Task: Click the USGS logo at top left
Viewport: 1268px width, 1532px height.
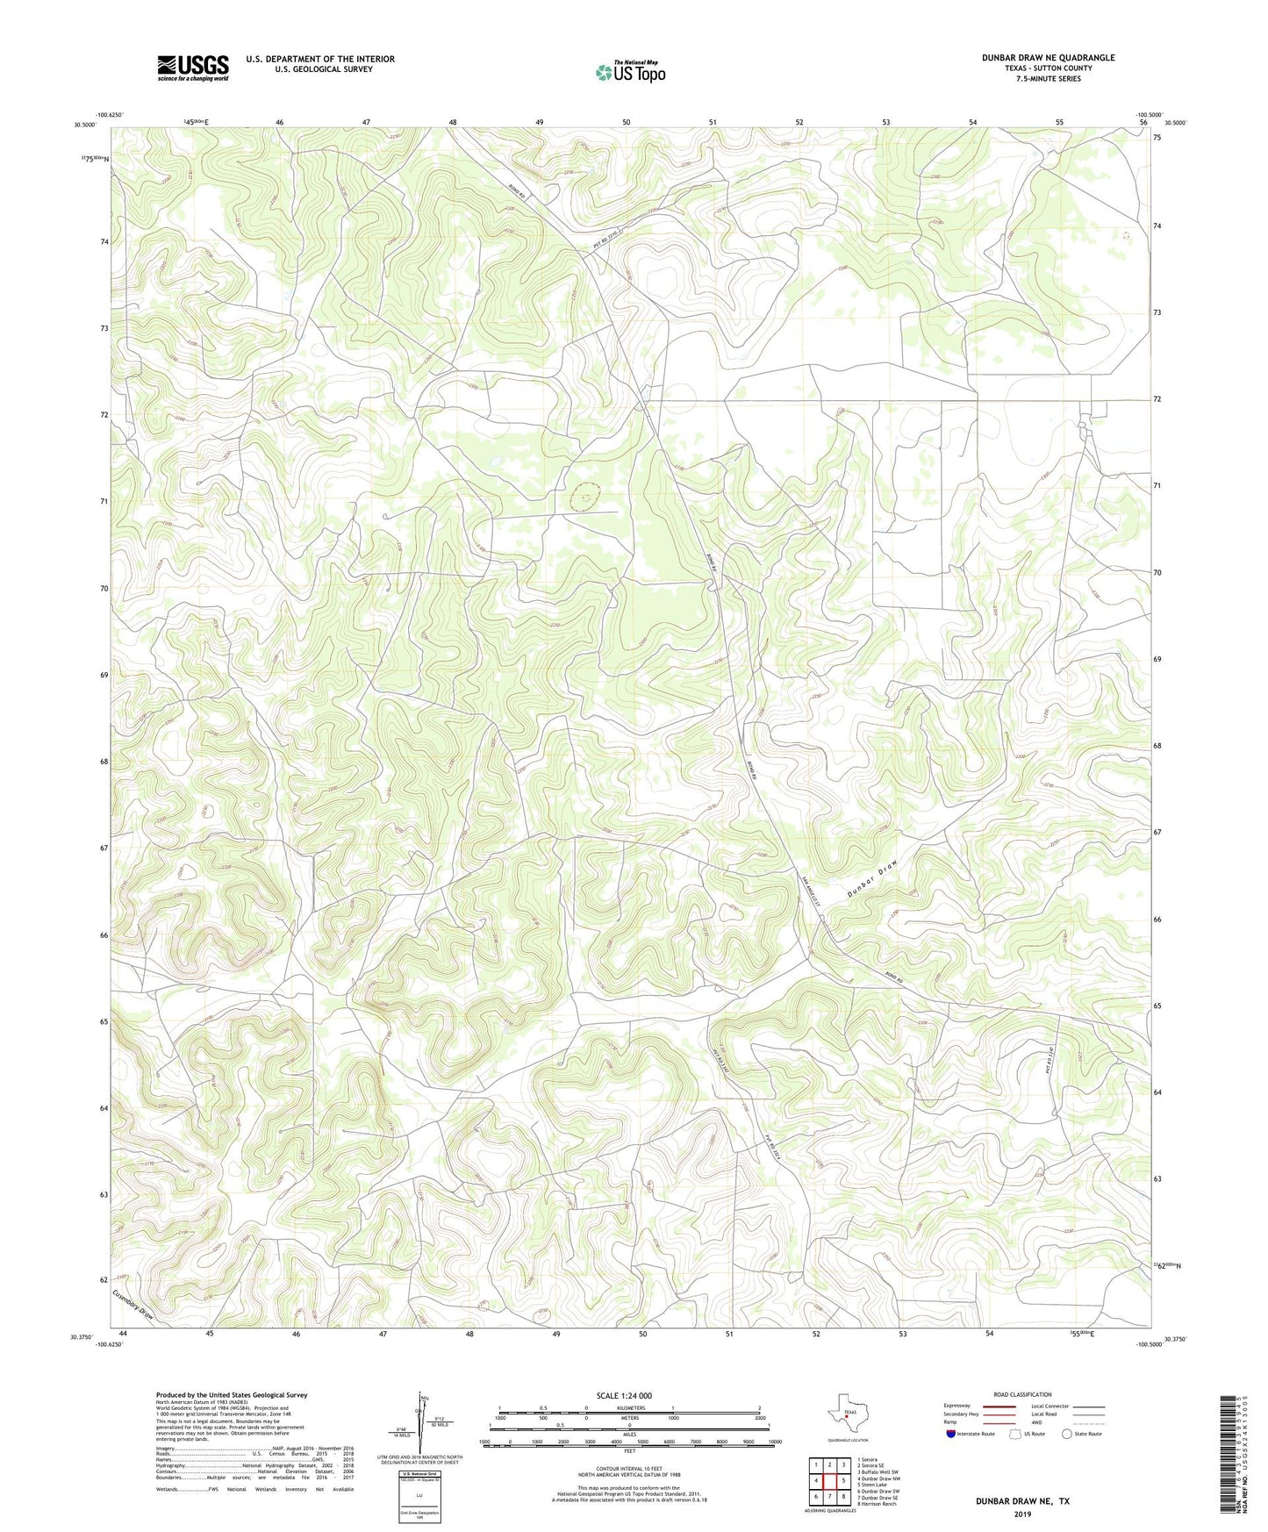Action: [193, 68]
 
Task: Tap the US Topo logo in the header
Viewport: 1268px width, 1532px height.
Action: [630, 72]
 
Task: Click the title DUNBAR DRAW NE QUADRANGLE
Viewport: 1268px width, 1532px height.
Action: [1048, 58]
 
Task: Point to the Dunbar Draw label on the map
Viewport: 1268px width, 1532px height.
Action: [874, 878]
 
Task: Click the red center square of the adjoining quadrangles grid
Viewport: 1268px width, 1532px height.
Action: [828, 1481]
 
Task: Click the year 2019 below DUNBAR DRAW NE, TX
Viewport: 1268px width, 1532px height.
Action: [1022, 1514]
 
